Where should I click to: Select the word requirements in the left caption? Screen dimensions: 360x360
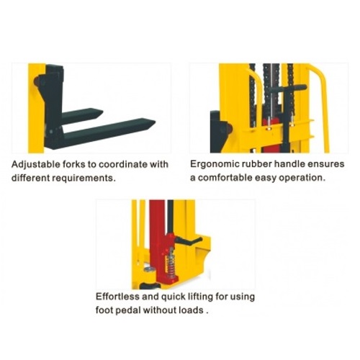[x=83, y=179]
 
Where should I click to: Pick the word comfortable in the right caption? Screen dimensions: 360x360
[x=225, y=178]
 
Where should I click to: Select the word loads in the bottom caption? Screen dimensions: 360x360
[x=192, y=310]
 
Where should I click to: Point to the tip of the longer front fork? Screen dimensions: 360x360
[x=155, y=122]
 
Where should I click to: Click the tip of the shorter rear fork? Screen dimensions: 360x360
[x=103, y=112]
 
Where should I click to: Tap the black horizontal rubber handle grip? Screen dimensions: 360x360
[x=288, y=89]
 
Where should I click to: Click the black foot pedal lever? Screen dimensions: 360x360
[x=189, y=240]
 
